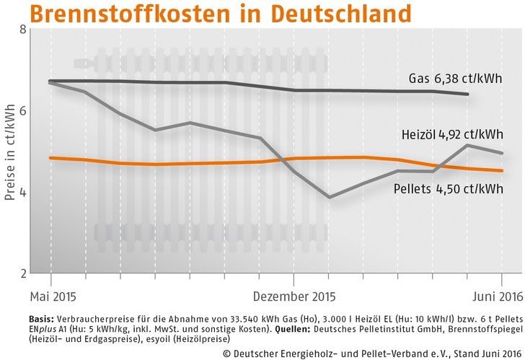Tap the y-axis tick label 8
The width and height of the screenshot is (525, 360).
click(x=23, y=30)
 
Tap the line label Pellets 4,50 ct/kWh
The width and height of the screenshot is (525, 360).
click(x=449, y=188)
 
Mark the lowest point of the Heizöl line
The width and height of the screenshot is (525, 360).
click(x=329, y=197)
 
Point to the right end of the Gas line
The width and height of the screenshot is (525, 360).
click(x=468, y=95)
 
